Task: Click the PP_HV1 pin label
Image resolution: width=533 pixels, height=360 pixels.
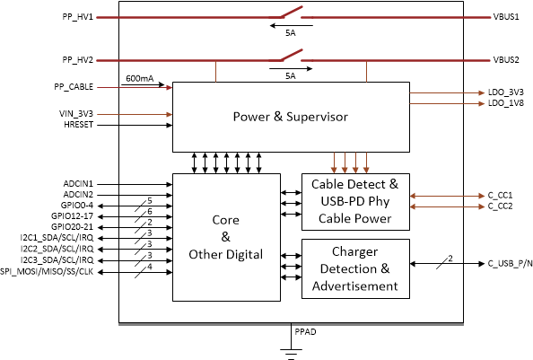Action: pos(77,17)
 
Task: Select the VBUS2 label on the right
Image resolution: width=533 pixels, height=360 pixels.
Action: pos(506,60)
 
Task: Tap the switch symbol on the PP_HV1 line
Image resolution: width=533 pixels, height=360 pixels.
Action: pos(291,13)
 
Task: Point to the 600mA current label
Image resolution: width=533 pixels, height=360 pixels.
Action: pos(140,78)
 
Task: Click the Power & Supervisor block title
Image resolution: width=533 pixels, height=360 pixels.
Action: pos(291,117)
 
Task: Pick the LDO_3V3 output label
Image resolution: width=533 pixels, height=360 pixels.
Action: pos(506,92)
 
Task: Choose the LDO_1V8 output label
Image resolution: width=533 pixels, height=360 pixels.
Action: pos(506,103)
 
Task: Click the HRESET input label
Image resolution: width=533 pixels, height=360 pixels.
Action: pos(79,125)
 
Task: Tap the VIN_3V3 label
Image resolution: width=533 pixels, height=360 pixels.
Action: pos(76,114)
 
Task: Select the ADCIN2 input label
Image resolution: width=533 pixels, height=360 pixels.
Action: pos(78,195)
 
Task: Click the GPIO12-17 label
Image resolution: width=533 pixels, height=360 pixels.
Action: pos(72,216)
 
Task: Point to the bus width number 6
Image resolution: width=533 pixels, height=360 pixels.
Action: pos(150,212)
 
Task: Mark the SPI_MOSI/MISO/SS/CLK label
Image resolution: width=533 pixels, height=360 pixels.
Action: pos(47,272)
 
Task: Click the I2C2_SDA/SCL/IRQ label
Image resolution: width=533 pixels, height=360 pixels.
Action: pos(57,249)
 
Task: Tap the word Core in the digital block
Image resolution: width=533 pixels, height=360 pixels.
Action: pos(226,220)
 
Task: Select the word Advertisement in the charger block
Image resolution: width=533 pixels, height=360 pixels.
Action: pos(355,286)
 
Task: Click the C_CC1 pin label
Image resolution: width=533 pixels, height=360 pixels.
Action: pos(501,196)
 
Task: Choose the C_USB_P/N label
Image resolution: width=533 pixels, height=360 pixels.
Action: pos(511,263)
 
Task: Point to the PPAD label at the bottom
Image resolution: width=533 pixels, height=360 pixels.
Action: pos(305,332)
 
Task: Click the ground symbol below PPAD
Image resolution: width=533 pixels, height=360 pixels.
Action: pos(291,352)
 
